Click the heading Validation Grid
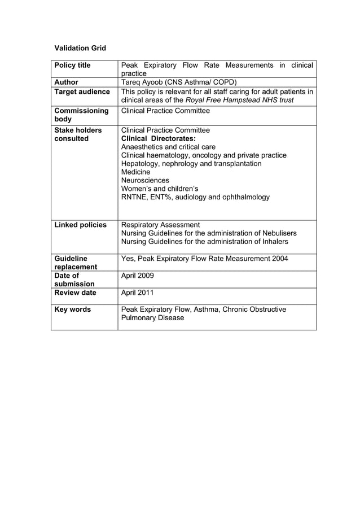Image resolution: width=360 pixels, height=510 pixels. pos(80,48)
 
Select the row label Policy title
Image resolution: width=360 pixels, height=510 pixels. pos(72,66)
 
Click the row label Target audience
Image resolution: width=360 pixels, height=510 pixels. pos(82,91)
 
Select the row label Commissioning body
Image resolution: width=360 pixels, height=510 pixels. pos(81,115)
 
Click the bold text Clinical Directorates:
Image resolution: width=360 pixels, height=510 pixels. pos(159,138)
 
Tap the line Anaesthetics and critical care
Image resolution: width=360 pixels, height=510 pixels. pos(168,147)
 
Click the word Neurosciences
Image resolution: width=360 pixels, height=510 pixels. pos(145,180)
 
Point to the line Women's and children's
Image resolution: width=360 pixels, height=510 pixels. pos(160,189)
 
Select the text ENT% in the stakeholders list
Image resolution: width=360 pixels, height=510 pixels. pos(161,197)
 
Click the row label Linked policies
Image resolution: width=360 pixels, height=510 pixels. pos(80,225)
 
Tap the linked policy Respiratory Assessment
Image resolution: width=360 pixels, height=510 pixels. pos(160,225)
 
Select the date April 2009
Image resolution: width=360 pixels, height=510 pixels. pos(137,276)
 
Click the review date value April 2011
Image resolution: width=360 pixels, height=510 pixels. pos(137,293)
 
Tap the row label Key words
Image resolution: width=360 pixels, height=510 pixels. pos(72,310)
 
